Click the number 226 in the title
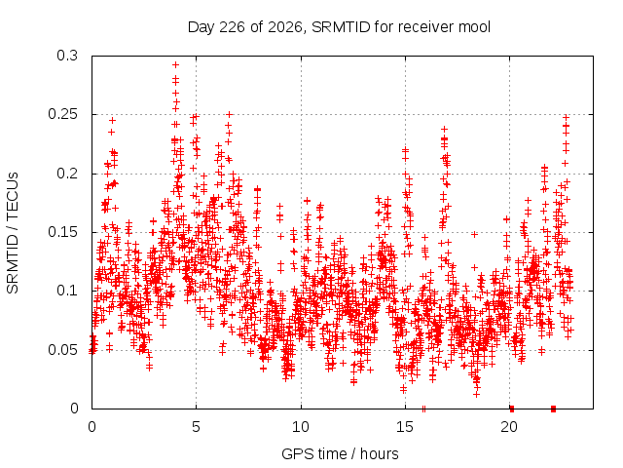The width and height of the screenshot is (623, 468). pos(233,27)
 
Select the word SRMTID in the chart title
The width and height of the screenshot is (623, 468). pos(341,27)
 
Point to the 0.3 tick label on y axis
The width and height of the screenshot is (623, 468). pos(67,56)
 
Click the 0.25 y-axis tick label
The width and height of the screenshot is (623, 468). pos(62,114)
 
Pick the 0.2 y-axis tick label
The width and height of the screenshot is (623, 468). pos(67,174)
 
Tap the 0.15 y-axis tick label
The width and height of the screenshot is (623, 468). pos(62,232)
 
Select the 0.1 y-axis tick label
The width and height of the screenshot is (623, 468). pos(67,291)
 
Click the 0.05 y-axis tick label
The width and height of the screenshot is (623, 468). pos(62,350)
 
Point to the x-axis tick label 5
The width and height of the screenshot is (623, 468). pos(197,427)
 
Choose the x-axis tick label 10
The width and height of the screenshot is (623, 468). pos(301,427)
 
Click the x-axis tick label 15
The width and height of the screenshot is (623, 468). pos(405,427)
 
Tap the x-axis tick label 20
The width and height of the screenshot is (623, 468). pos(509,427)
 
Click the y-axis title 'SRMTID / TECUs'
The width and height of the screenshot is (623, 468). pos(13,233)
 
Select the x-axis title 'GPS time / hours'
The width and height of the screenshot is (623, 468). pos(340,453)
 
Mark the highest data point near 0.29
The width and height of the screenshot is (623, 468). pos(175,64)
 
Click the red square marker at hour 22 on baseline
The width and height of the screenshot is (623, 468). pos(554,409)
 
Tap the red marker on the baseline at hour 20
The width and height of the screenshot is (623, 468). pos(512,409)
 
